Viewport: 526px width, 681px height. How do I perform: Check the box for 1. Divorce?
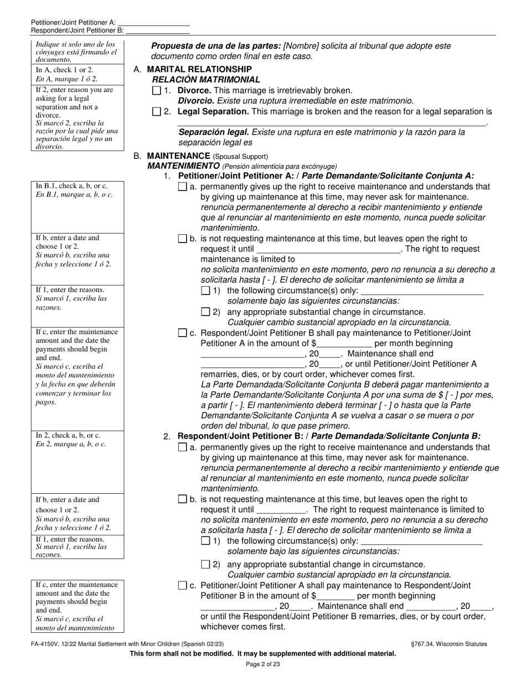(156, 90)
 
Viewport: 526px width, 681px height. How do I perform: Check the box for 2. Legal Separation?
(156, 112)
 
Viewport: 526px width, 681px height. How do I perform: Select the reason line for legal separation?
(331, 122)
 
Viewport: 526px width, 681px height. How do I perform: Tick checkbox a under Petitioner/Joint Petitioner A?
(183, 187)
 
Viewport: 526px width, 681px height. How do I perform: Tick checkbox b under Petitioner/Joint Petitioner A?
(183, 239)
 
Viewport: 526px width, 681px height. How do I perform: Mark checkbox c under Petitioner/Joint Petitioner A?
(183, 333)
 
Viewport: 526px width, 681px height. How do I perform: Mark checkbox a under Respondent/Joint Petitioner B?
(183, 447)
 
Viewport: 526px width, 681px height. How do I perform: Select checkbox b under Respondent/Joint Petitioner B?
(183, 499)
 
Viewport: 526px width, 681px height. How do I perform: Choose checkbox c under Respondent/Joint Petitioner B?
(183, 585)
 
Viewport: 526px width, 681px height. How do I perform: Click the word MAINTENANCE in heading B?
(179, 156)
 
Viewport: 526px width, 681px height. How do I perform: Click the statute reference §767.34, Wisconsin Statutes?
(446, 644)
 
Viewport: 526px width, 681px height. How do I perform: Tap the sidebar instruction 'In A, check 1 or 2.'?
(64, 70)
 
